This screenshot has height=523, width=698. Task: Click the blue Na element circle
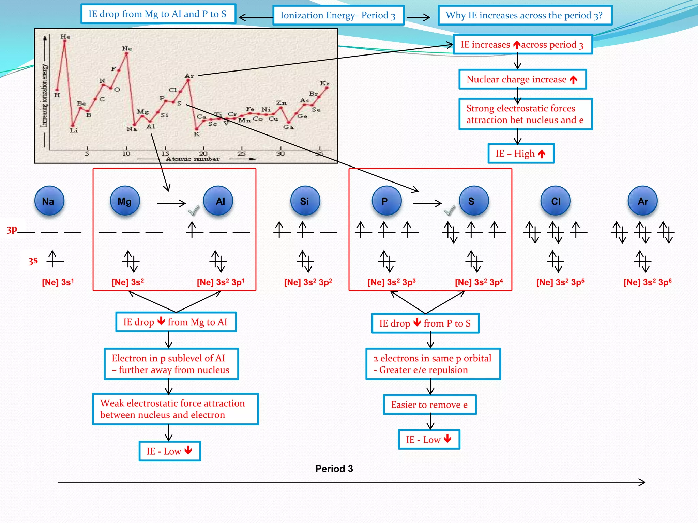[x=49, y=201]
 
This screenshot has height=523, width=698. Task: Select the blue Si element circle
[x=305, y=201]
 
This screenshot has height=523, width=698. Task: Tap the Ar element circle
[x=642, y=201]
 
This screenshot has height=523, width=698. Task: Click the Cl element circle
[x=556, y=201]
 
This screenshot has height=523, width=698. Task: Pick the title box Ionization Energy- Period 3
[x=338, y=15]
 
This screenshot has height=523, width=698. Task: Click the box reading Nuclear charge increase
[x=522, y=79]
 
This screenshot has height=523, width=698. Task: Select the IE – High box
[x=521, y=154]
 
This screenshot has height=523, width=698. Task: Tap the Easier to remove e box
[x=429, y=405]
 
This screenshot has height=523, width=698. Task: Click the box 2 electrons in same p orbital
[x=433, y=364]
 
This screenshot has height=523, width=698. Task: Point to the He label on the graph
[x=65, y=36]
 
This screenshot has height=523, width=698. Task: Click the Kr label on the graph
[x=324, y=83]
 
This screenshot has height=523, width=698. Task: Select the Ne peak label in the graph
[x=127, y=48]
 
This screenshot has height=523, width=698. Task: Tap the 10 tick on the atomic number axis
[x=126, y=154]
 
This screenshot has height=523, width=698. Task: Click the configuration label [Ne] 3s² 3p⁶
[x=647, y=282]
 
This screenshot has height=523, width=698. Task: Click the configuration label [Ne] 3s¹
[x=58, y=282]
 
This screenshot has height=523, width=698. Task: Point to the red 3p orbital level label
[x=12, y=230]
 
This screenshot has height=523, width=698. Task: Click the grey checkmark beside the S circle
[x=450, y=210]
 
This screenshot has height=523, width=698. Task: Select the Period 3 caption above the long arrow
[x=334, y=469]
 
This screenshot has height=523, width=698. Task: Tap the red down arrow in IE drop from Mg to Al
[x=161, y=321]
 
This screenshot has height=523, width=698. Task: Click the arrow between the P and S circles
[x=427, y=203]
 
